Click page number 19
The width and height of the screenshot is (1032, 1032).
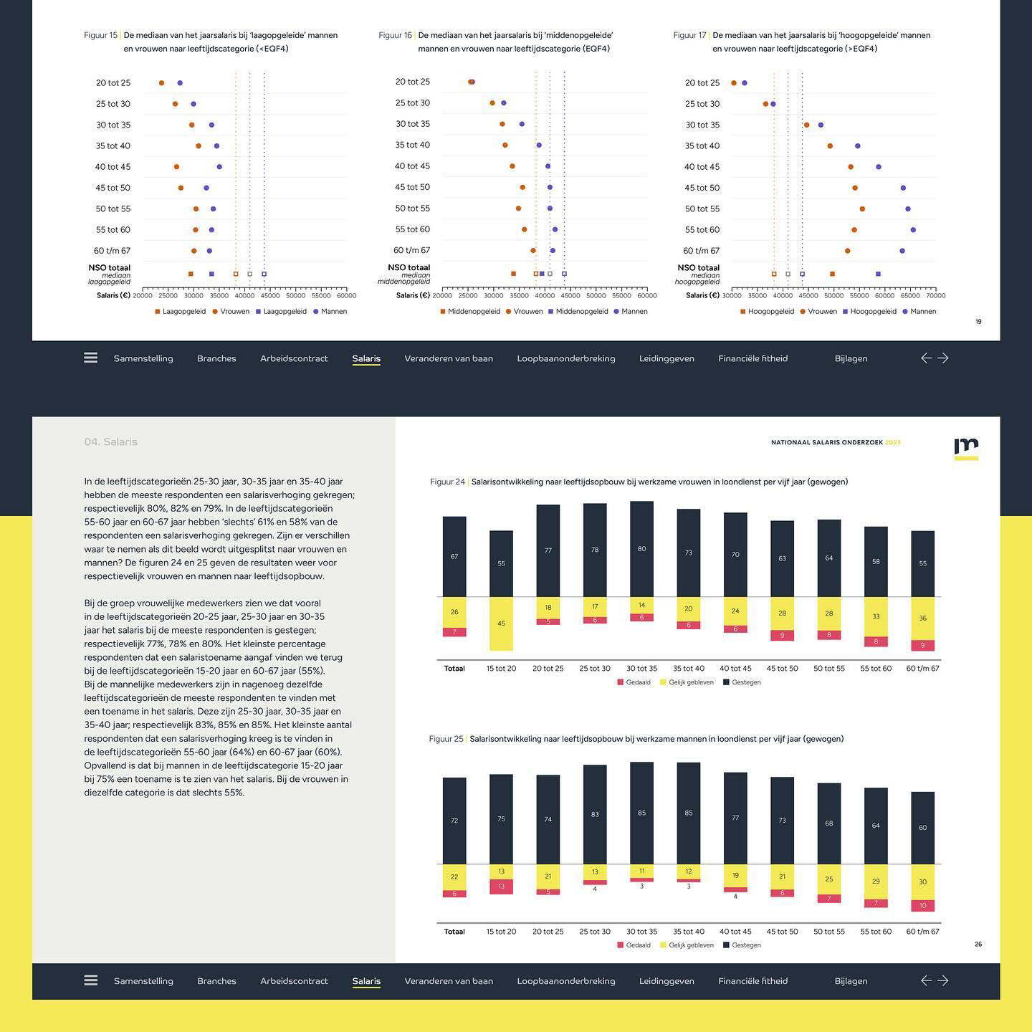(x=978, y=322)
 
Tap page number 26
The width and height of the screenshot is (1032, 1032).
(x=978, y=945)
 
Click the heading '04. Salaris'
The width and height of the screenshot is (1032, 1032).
(x=110, y=442)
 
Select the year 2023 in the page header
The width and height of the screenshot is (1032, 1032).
(x=893, y=443)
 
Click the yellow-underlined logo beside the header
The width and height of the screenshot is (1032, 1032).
(x=966, y=449)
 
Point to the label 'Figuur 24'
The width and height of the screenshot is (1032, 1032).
(x=447, y=482)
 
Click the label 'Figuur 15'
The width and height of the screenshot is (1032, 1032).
(x=100, y=35)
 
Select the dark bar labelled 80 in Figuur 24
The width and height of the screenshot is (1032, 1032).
(x=641, y=549)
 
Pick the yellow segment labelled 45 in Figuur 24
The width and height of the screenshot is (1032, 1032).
(x=501, y=623)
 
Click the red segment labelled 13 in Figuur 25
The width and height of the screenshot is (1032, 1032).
(x=501, y=887)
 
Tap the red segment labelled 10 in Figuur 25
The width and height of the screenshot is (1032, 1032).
(x=922, y=906)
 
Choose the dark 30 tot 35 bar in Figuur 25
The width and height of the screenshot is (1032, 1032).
(x=641, y=813)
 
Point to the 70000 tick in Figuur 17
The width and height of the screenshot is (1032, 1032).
(x=935, y=295)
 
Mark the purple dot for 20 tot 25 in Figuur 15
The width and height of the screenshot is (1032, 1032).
(x=180, y=83)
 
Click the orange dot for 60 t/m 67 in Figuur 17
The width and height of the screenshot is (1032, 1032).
(x=848, y=251)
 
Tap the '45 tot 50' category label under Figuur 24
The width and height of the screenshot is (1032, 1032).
(x=782, y=669)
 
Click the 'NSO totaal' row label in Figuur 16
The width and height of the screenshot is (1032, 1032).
(x=408, y=268)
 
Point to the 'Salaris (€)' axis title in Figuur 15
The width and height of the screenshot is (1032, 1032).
(x=113, y=295)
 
